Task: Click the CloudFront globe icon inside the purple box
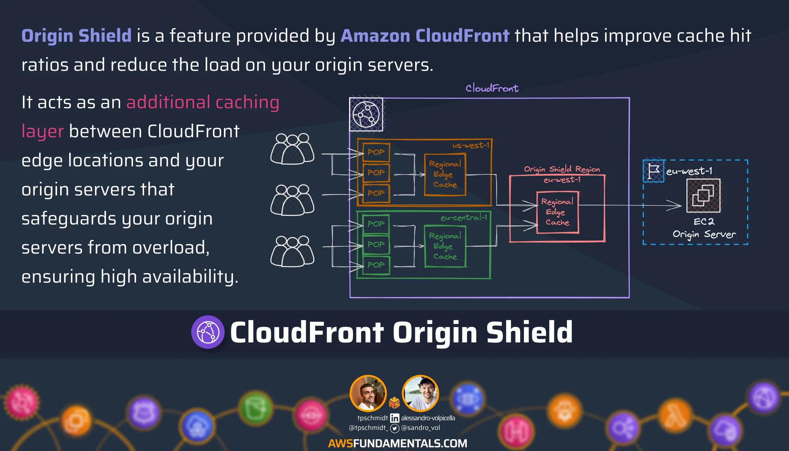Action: tap(366, 115)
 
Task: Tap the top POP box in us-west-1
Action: tap(376, 152)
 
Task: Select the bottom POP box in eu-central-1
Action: tap(376, 265)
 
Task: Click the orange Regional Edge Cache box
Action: tap(445, 174)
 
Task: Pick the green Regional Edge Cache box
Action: tap(445, 246)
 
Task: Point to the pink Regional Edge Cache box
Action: tap(557, 212)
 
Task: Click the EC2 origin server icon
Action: tap(703, 195)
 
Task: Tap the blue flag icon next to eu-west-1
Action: tap(653, 171)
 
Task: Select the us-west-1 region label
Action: tap(471, 145)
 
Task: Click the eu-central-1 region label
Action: tap(464, 218)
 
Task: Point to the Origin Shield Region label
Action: tap(562, 169)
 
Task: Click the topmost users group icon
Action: tap(292, 149)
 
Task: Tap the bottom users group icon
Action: tap(292, 251)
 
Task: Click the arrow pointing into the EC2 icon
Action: tap(674, 205)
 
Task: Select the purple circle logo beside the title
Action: tap(208, 332)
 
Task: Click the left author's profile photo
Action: tap(368, 393)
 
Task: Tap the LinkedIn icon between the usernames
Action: tap(394, 418)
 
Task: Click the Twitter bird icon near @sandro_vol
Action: tap(394, 428)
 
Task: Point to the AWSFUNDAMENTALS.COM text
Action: tap(398, 443)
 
